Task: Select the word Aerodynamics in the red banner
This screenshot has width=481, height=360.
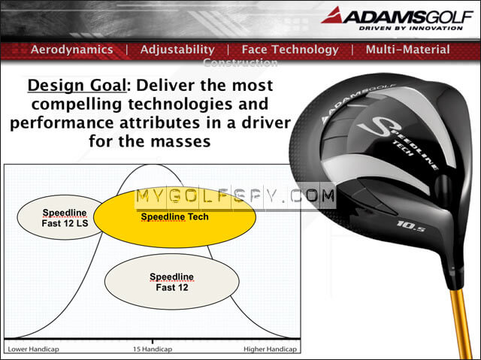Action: (x=72, y=50)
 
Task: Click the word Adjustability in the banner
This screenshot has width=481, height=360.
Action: (x=177, y=50)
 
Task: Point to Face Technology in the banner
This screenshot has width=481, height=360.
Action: (x=290, y=50)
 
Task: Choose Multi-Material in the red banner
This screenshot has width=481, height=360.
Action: (x=408, y=50)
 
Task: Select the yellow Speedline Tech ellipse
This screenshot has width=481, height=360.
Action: (x=174, y=216)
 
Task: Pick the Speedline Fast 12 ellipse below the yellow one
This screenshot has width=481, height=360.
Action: (x=172, y=282)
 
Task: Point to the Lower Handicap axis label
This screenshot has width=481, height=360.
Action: (x=33, y=349)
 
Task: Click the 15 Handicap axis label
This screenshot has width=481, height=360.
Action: (x=152, y=349)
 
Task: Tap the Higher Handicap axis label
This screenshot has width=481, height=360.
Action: (x=271, y=349)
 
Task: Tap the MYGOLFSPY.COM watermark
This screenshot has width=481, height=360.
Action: (x=235, y=198)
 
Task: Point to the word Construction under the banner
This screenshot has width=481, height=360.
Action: (x=240, y=63)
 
